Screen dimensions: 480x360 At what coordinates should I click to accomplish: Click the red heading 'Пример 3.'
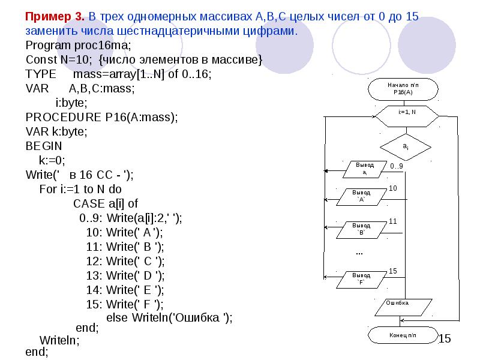point(55,16)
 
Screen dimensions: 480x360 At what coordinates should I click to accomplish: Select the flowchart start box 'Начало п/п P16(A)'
point(403,89)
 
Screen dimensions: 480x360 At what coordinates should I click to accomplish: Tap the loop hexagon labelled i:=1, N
point(407,116)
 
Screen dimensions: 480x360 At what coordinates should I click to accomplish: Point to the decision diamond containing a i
point(406,147)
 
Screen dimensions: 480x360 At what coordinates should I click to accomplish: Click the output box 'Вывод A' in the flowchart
point(361,197)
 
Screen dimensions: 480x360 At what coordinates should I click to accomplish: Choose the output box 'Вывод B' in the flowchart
point(361,230)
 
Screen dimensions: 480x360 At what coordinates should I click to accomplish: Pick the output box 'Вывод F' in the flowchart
point(361,280)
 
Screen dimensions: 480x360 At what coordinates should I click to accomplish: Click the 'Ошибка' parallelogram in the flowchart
point(403,307)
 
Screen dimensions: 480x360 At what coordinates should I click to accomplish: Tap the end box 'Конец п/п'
point(403,335)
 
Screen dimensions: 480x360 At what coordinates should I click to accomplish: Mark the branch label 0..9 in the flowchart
point(397,166)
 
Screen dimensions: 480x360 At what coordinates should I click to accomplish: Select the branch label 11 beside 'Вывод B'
point(393,221)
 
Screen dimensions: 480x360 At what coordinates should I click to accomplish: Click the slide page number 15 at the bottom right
point(445,338)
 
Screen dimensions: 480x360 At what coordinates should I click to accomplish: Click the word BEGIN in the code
point(44,146)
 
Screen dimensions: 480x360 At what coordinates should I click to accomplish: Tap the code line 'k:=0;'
point(52,160)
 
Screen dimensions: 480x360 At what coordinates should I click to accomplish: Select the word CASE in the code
point(89,203)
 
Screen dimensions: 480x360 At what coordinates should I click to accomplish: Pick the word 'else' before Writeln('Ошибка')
point(116,317)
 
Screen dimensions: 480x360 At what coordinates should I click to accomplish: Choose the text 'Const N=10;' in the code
point(59,59)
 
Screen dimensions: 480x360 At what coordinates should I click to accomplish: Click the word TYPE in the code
point(41,74)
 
